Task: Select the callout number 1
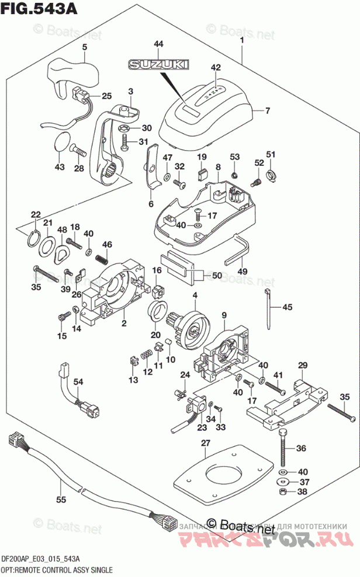(241, 39)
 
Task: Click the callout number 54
(78, 381)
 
